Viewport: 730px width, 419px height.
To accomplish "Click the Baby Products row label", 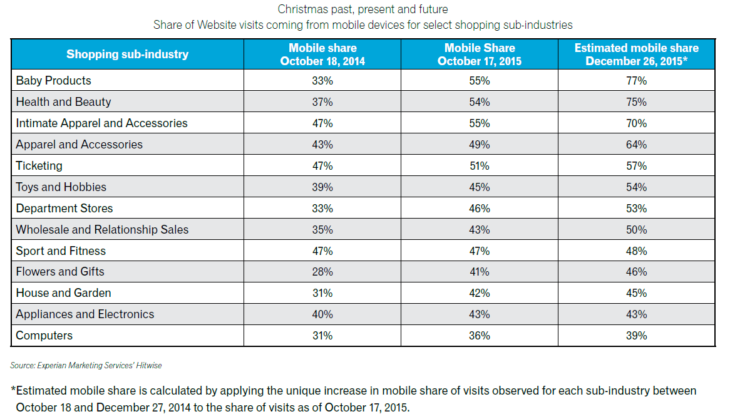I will pyautogui.click(x=53, y=81).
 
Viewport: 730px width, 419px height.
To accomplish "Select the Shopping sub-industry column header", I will pyautogui.click(x=127, y=54).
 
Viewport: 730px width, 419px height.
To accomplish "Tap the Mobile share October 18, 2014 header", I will pyautogui.click(x=322, y=54).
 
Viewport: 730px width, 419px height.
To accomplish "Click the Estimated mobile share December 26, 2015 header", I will pyautogui.click(x=636, y=54).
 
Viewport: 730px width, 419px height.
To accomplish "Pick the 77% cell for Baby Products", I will pyautogui.click(x=636, y=81).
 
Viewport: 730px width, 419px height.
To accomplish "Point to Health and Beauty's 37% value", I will pyautogui.click(x=322, y=102).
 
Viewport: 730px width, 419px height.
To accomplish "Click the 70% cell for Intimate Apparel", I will pyautogui.click(x=636, y=123).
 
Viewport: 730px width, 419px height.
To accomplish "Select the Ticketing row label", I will pyautogui.click(x=39, y=166).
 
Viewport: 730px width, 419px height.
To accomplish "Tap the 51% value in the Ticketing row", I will pyautogui.click(x=480, y=166).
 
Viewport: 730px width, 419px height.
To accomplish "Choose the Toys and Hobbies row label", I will pyautogui.click(x=61, y=187).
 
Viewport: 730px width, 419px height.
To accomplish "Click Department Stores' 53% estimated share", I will pyautogui.click(x=636, y=209).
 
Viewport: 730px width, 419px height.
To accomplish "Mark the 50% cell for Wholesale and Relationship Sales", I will pyautogui.click(x=636, y=230).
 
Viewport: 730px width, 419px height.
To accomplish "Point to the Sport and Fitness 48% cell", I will pyautogui.click(x=636, y=251).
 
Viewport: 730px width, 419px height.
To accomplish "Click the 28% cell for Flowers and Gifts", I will pyautogui.click(x=322, y=272).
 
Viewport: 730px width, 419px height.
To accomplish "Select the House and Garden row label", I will pyautogui.click(x=63, y=293).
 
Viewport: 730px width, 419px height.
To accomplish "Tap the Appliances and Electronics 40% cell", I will pyautogui.click(x=322, y=314).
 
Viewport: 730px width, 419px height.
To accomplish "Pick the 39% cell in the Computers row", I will pyautogui.click(x=636, y=336).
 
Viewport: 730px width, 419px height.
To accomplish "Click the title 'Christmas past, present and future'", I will pyautogui.click(x=362, y=10).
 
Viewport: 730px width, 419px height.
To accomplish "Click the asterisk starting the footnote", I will pyautogui.click(x=13, y=390).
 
